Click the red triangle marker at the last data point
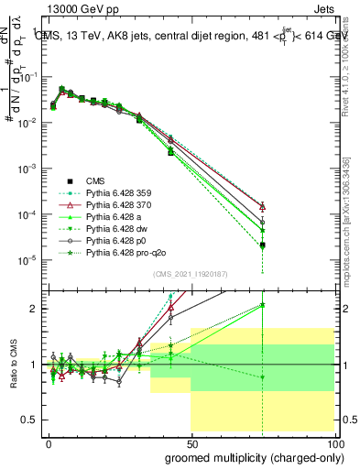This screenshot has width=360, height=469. pos(262,207)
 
